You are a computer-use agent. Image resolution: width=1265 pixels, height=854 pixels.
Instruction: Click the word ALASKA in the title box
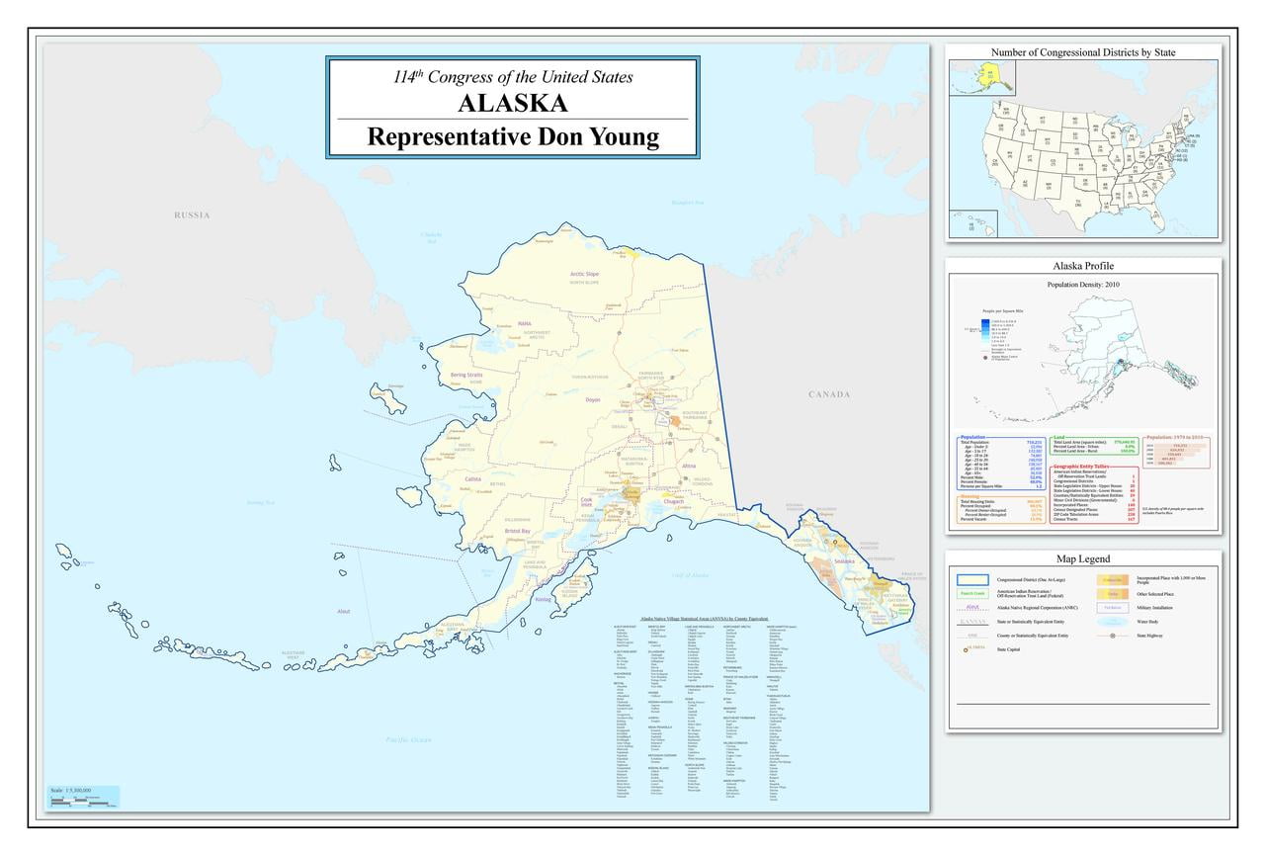point(512,104)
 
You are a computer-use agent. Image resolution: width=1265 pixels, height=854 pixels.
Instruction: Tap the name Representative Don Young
point(512,136)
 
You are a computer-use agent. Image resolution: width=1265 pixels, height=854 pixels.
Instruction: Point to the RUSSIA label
point(192,215)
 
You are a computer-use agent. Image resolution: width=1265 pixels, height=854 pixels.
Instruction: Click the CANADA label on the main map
point(828,394)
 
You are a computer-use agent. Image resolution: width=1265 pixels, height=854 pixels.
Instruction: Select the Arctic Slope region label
point(584,274)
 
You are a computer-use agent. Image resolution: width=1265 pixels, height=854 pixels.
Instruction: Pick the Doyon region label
point(593,399)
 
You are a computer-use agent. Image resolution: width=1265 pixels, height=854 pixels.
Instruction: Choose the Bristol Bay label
point(518,531)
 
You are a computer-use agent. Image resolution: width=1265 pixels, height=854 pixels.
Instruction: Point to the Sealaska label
point(844,560)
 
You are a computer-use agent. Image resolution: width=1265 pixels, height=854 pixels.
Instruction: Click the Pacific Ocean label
point(409,739)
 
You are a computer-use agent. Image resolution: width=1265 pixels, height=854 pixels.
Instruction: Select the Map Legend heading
point(1083,559)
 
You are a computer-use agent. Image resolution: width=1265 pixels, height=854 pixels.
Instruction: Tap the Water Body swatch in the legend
point(1112,622)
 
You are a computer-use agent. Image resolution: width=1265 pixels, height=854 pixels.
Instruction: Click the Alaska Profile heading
point(1083,266)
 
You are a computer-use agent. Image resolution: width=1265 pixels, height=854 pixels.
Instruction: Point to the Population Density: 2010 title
point(1083,285)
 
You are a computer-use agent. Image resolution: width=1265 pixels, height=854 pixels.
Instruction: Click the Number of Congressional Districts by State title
point(1083,51)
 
